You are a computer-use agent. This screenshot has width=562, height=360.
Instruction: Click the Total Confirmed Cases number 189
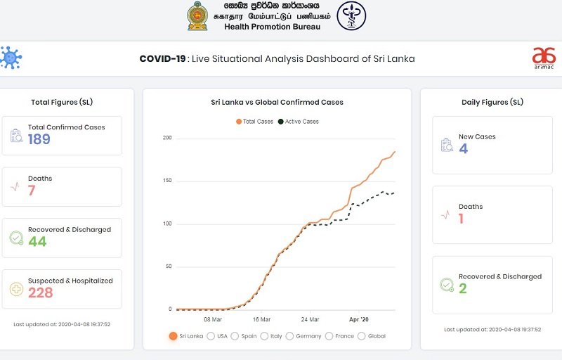click(39, 139)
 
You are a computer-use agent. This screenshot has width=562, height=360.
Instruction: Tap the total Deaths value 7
click(32, 191)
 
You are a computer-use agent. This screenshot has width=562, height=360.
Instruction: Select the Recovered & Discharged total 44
click(37, 242)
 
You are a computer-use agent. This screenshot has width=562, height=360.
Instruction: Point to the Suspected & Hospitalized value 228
click(41, 292)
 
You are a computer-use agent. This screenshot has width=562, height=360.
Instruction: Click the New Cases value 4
click(463, 148)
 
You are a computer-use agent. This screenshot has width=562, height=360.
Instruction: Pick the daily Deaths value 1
click(462, 219)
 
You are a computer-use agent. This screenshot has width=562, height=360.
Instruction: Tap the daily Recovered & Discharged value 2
click(463, 288)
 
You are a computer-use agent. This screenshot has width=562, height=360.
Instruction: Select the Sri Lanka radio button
click(173, 336)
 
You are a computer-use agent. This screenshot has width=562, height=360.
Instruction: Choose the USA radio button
click(211, 336)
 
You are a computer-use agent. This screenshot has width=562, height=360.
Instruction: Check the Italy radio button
click(265, 336)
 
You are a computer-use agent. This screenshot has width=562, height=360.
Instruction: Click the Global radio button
click(362, 336)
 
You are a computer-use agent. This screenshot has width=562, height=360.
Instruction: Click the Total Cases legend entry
click(254, 122)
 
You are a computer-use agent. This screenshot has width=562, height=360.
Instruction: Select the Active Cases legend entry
click(299, 122)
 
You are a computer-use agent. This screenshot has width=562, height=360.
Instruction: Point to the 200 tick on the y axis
click(167, 138)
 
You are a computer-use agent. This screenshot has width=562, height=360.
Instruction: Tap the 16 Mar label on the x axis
click(261, 319)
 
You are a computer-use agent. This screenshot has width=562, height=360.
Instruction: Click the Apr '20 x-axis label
click(359, 319)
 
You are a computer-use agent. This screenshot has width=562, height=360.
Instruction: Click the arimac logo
click(543, 58)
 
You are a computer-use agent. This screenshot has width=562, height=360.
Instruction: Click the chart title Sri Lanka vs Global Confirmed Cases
click(277, 103)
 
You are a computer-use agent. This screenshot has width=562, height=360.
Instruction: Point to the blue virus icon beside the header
click(10, 57)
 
